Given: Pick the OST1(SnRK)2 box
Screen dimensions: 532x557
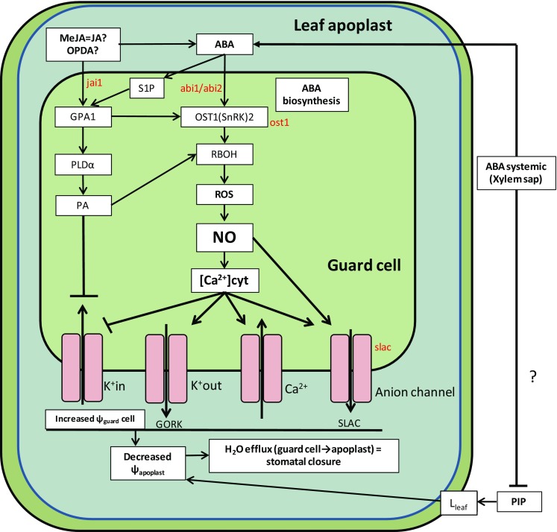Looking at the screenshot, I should point(223,117).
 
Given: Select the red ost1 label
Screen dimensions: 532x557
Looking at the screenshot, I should point(279,121).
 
